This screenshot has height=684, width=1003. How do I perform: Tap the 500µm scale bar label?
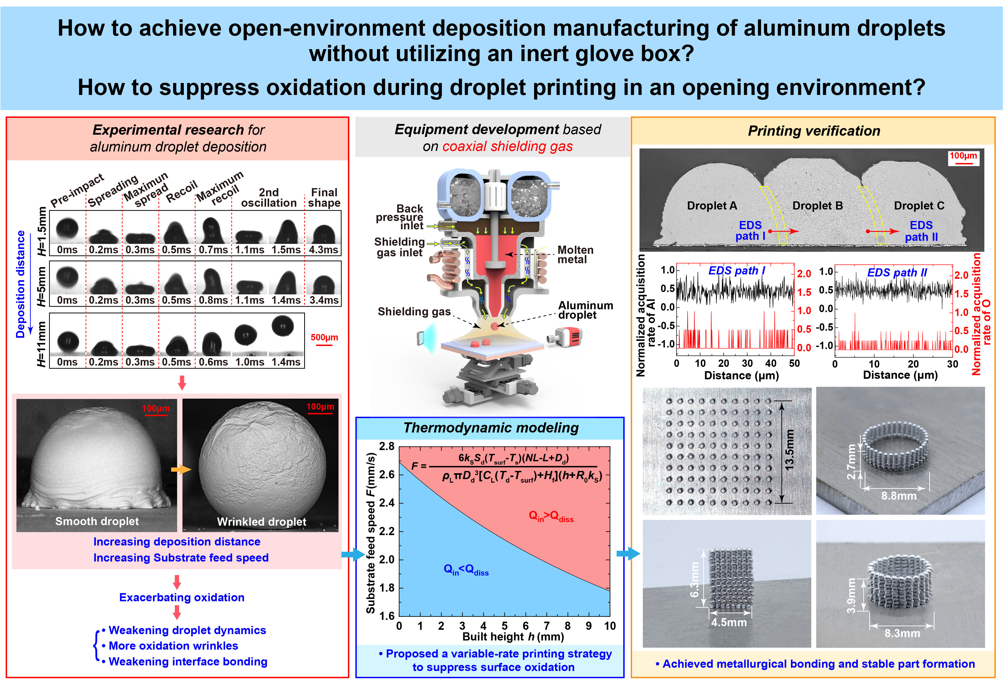click(x=324, y=338)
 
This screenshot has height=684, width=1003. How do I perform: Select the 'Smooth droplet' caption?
click(x=97, y=521)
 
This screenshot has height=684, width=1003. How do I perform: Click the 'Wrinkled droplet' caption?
click(x=261, y=522)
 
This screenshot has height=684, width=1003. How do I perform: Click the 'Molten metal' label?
click(x=575, y=255)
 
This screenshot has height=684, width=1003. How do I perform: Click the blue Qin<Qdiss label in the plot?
click(x=466, y=570)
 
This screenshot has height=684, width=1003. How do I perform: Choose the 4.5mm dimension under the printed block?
click(x=729, y=623)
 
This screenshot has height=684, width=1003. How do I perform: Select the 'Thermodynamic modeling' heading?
click(x=491, y=428)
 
